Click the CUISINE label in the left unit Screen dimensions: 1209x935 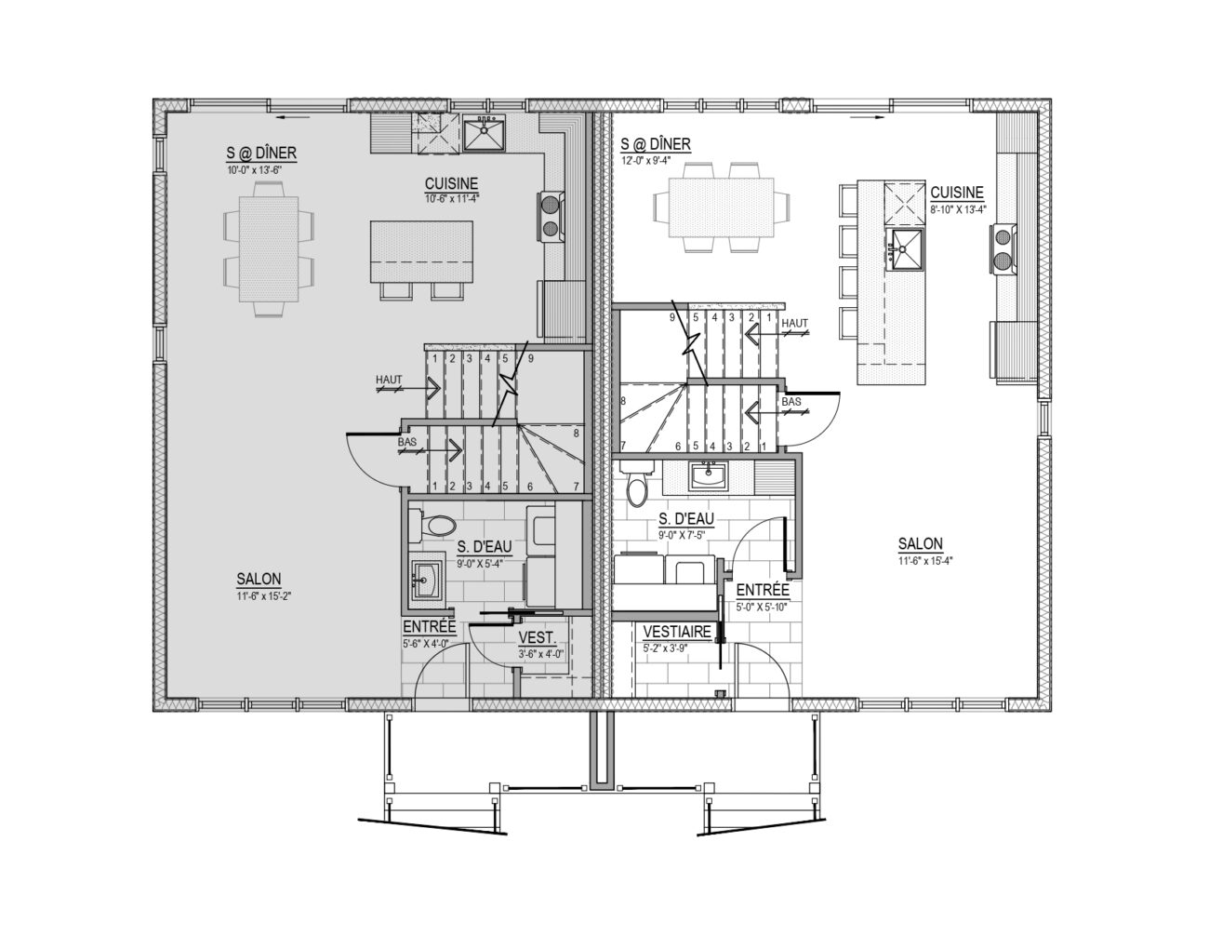(x=451, y=183)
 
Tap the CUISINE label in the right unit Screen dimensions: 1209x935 (x=957, y=193)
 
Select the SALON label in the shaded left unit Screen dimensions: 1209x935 (x=259, y=580)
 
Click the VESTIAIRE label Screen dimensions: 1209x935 (x=677, y=632)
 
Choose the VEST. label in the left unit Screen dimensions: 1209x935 (x=537, y=638)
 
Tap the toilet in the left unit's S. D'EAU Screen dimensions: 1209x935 (x=432, y=526)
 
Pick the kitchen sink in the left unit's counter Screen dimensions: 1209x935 (x=484, y=134)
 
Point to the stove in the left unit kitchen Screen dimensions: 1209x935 (x=551, y=217)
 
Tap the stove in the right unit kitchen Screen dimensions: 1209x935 (x=1003, y=248)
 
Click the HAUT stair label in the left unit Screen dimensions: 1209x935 (x=389, y=380)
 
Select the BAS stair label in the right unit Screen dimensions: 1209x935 (x=791, y=401)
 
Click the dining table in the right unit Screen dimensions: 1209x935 (x=722, y=207)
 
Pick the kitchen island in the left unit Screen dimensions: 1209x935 (x=421, y=251)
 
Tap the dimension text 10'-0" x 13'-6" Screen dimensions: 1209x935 (x=254, y=169)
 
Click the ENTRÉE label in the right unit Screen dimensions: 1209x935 (x=763, y=590)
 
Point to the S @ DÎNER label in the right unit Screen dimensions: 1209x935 (x=656, y=144)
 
